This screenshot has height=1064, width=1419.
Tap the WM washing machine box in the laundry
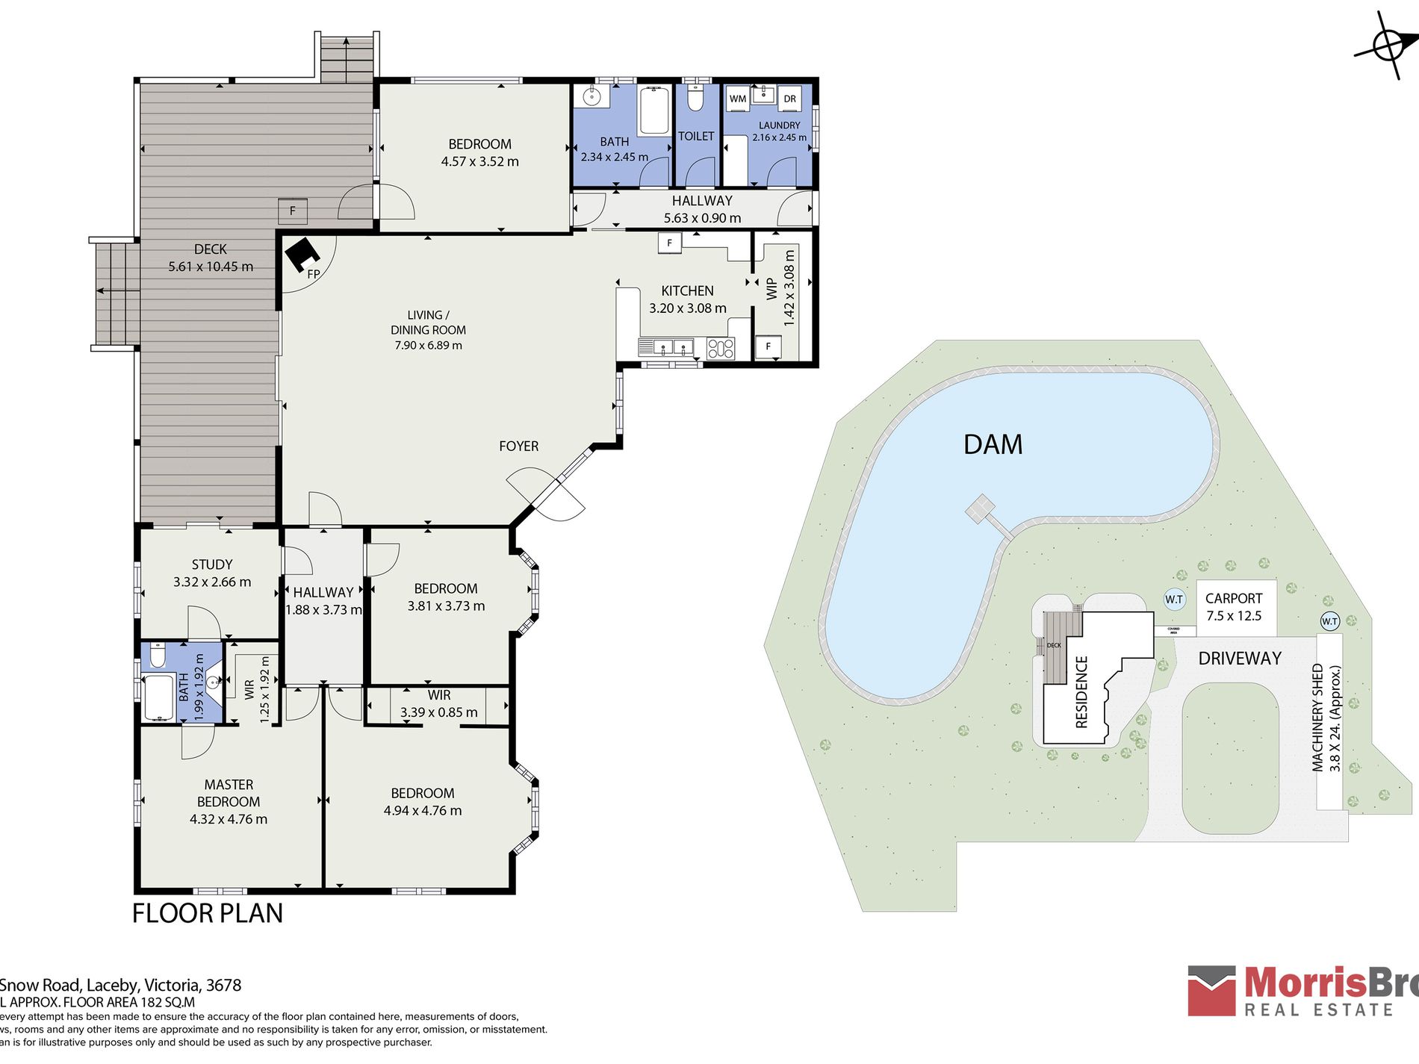pyautogui.click(x=738, y=99)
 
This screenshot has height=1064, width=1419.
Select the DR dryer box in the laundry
pyautogui.click(x=789, y=99)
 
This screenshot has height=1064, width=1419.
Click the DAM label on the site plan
pyautogui.click(x=993, y=445)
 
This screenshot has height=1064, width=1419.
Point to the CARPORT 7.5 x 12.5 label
pyautogui.click(x=1234, y=607)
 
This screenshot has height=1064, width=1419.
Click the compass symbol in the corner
pyautogui.click(x=1388, y=46)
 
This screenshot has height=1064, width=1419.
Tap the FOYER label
pyautogui.click(x=518, y=447)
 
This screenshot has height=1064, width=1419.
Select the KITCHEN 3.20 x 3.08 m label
pyautogui.click(x=687, y=299)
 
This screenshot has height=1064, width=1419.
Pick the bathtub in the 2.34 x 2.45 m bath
pyautogui.click(x=654, y=111)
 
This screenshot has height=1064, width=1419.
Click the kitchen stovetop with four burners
pyautogui.click(x=721, y=348)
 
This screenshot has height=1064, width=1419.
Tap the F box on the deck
pyautogui.click(x=293, y=211)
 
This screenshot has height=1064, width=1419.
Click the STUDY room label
pyautogui.click(x=212, y=573)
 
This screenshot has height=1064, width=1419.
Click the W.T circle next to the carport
pyautogui.click(x=1174, y=600)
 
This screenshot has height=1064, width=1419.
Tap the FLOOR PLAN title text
pyautogui.click(x=208, y=913)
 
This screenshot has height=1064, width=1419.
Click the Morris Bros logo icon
pyautogui.click(x=1212, y=990)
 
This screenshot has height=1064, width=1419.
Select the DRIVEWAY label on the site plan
pyautogui.click(x=1239, y=659)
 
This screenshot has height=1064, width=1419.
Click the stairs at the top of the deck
pyautogui.click(x=347, y=58)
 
